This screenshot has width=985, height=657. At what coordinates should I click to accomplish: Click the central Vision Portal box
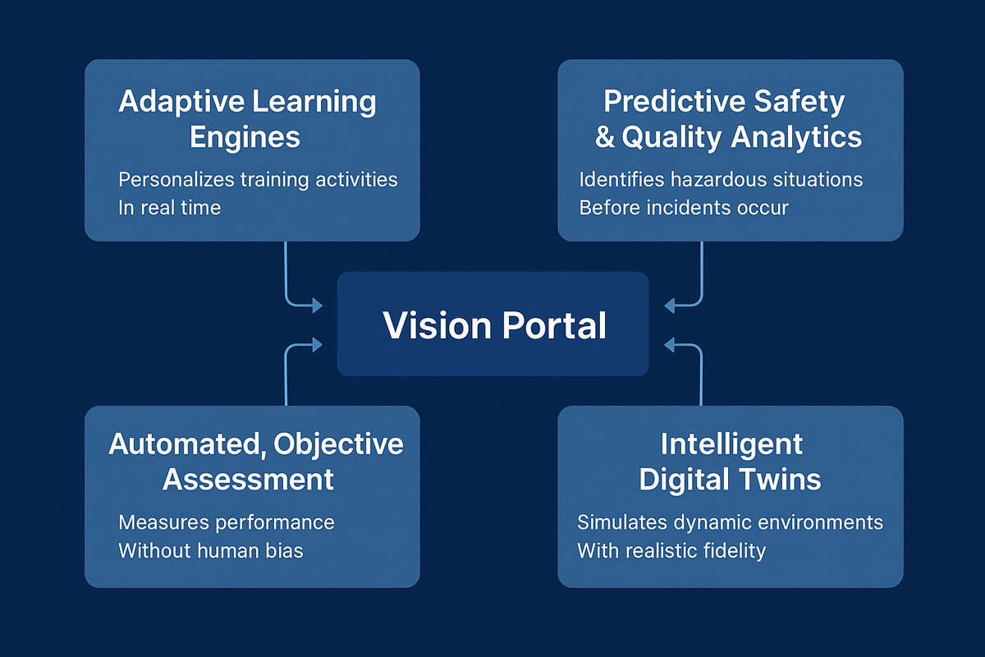point(493,324)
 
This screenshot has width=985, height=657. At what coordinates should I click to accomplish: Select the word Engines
point(245,137)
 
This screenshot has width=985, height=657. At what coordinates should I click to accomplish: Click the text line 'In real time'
point(169,207)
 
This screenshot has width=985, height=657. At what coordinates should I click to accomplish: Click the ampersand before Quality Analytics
point(605,137)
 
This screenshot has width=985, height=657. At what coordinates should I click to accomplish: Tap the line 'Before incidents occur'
point(683,207)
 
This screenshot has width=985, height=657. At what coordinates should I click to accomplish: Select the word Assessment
point(248,479)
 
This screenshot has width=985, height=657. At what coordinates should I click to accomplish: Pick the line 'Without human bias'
point(210,550)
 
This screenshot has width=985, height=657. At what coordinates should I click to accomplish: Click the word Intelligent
point(731,443)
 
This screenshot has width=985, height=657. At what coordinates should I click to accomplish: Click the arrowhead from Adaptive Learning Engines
point(316,306)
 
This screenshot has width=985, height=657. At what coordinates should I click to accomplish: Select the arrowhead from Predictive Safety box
point(669,306)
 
